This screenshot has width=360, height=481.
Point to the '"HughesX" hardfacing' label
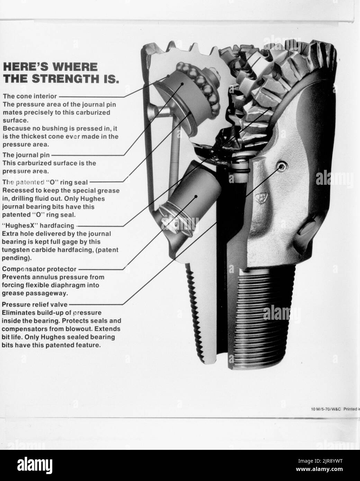click(38, 226)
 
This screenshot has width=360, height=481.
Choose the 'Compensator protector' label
click(39, 269)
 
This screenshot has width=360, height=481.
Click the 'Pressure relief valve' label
click(35, 305)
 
